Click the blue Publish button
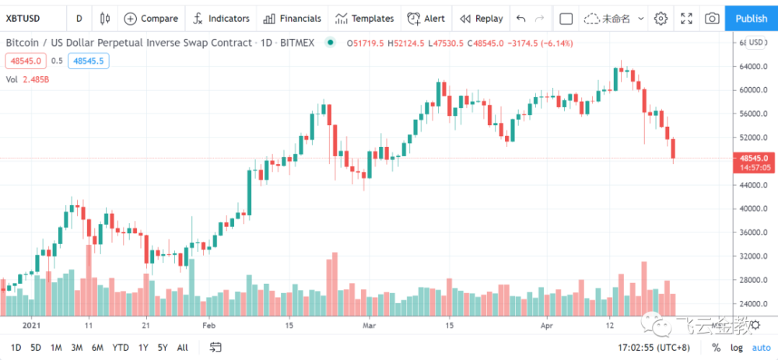point(751,18)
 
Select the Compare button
point(151,18)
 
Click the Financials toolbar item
point(293,18)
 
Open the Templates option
point(364,18)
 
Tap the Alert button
point(426,18)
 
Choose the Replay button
point(481,18)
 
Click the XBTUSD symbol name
point(23,18)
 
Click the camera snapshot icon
point(711,18)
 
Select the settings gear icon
point(661,18)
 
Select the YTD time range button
point(121,347)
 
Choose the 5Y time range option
point(162,347)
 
